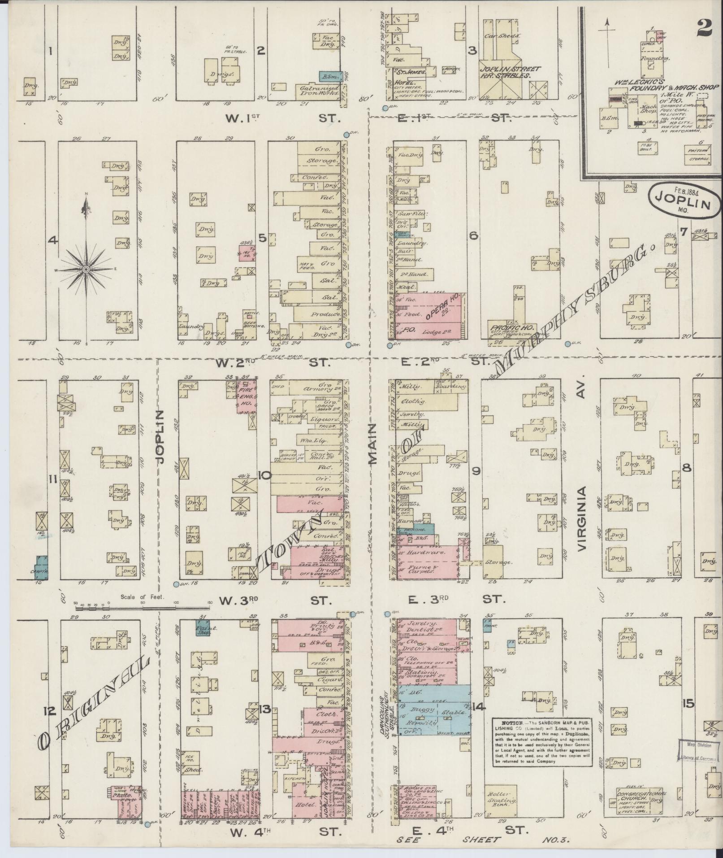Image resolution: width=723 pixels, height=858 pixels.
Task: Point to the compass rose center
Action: [x=86, y=269]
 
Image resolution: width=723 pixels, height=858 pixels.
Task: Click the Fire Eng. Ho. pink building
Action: [x=247, y=396]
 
